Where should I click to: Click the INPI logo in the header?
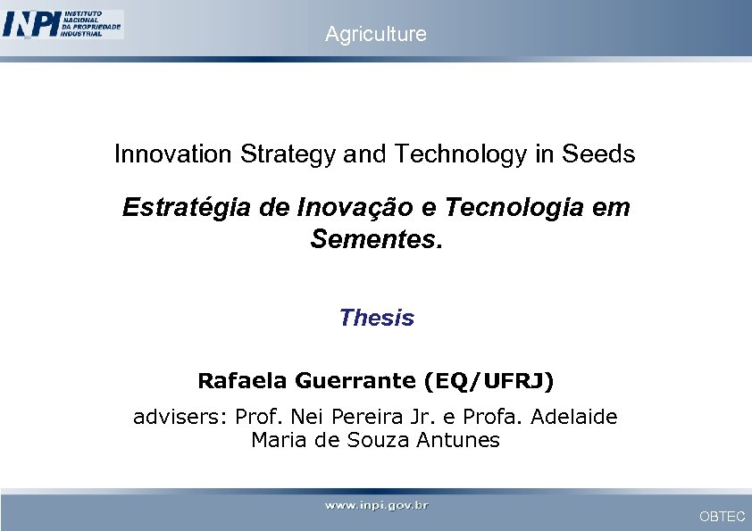(x=63, y=24)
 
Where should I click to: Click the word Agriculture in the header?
(x=376, y=34)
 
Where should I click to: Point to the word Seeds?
(x=598, y=154)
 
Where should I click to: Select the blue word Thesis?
(x=376, y=318)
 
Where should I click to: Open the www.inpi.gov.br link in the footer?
(x=376, y=505)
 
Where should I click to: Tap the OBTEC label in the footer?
(x=722, y=517)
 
